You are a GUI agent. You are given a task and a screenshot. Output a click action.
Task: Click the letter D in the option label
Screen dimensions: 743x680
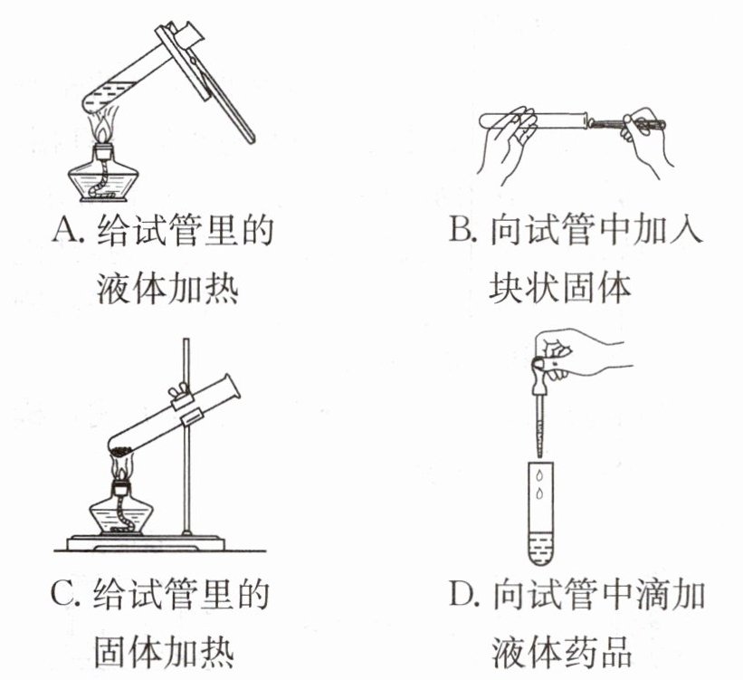point(461,598)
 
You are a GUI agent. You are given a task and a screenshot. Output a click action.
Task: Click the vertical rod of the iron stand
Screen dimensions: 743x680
point(186,435)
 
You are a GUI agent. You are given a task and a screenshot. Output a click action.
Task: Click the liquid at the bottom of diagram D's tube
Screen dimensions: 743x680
point(539,543)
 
